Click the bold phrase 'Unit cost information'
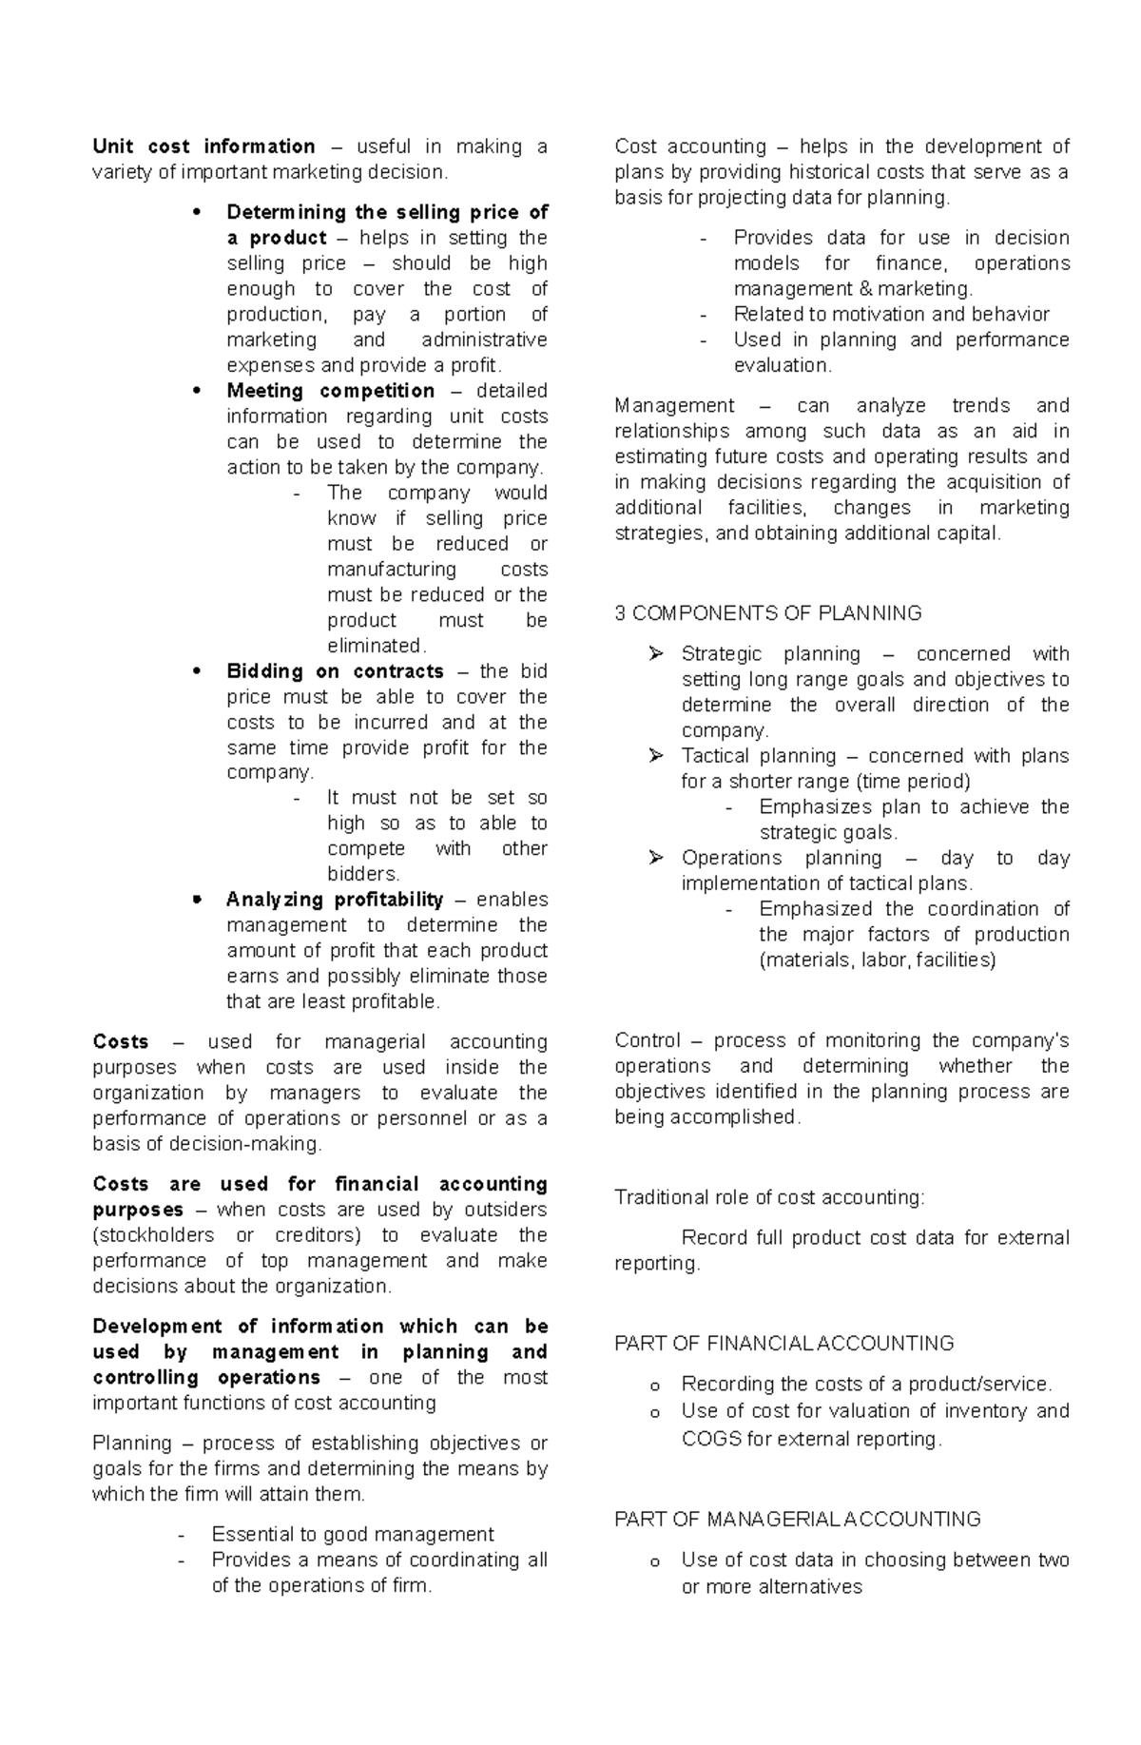point(203,147)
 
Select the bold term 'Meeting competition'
point(330,391)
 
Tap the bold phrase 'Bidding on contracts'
point(335,671)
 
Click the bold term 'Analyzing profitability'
point(335,900)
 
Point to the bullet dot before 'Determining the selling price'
point(197,213)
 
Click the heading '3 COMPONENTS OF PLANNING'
point(768,613)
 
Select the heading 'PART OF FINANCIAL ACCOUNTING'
point(784,1344)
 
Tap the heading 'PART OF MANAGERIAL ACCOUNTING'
point(797,1520)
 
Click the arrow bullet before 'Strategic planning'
point(655,654)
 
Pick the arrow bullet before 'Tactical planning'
point(655,756)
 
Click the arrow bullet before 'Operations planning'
point(655,858)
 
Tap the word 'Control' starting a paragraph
point(648,1040)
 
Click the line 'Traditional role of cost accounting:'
point(769,1197)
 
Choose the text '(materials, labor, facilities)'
point(877,960)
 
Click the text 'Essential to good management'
point(353,1534)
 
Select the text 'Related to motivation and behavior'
point(891,315)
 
